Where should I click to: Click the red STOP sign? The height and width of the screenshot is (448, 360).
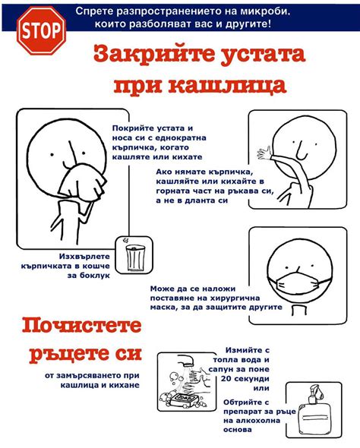(42, 30)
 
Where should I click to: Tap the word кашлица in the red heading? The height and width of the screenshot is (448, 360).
(227, 85)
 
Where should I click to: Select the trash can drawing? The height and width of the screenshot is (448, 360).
(134, 257)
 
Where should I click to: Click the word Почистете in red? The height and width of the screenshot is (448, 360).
(82, 326)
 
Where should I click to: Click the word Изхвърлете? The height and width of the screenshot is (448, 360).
(84, 257)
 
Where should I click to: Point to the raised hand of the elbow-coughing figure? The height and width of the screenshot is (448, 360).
(264, 153)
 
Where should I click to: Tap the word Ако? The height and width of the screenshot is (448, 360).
(164, 172)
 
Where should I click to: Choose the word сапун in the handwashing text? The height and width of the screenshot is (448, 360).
(223, 369)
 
